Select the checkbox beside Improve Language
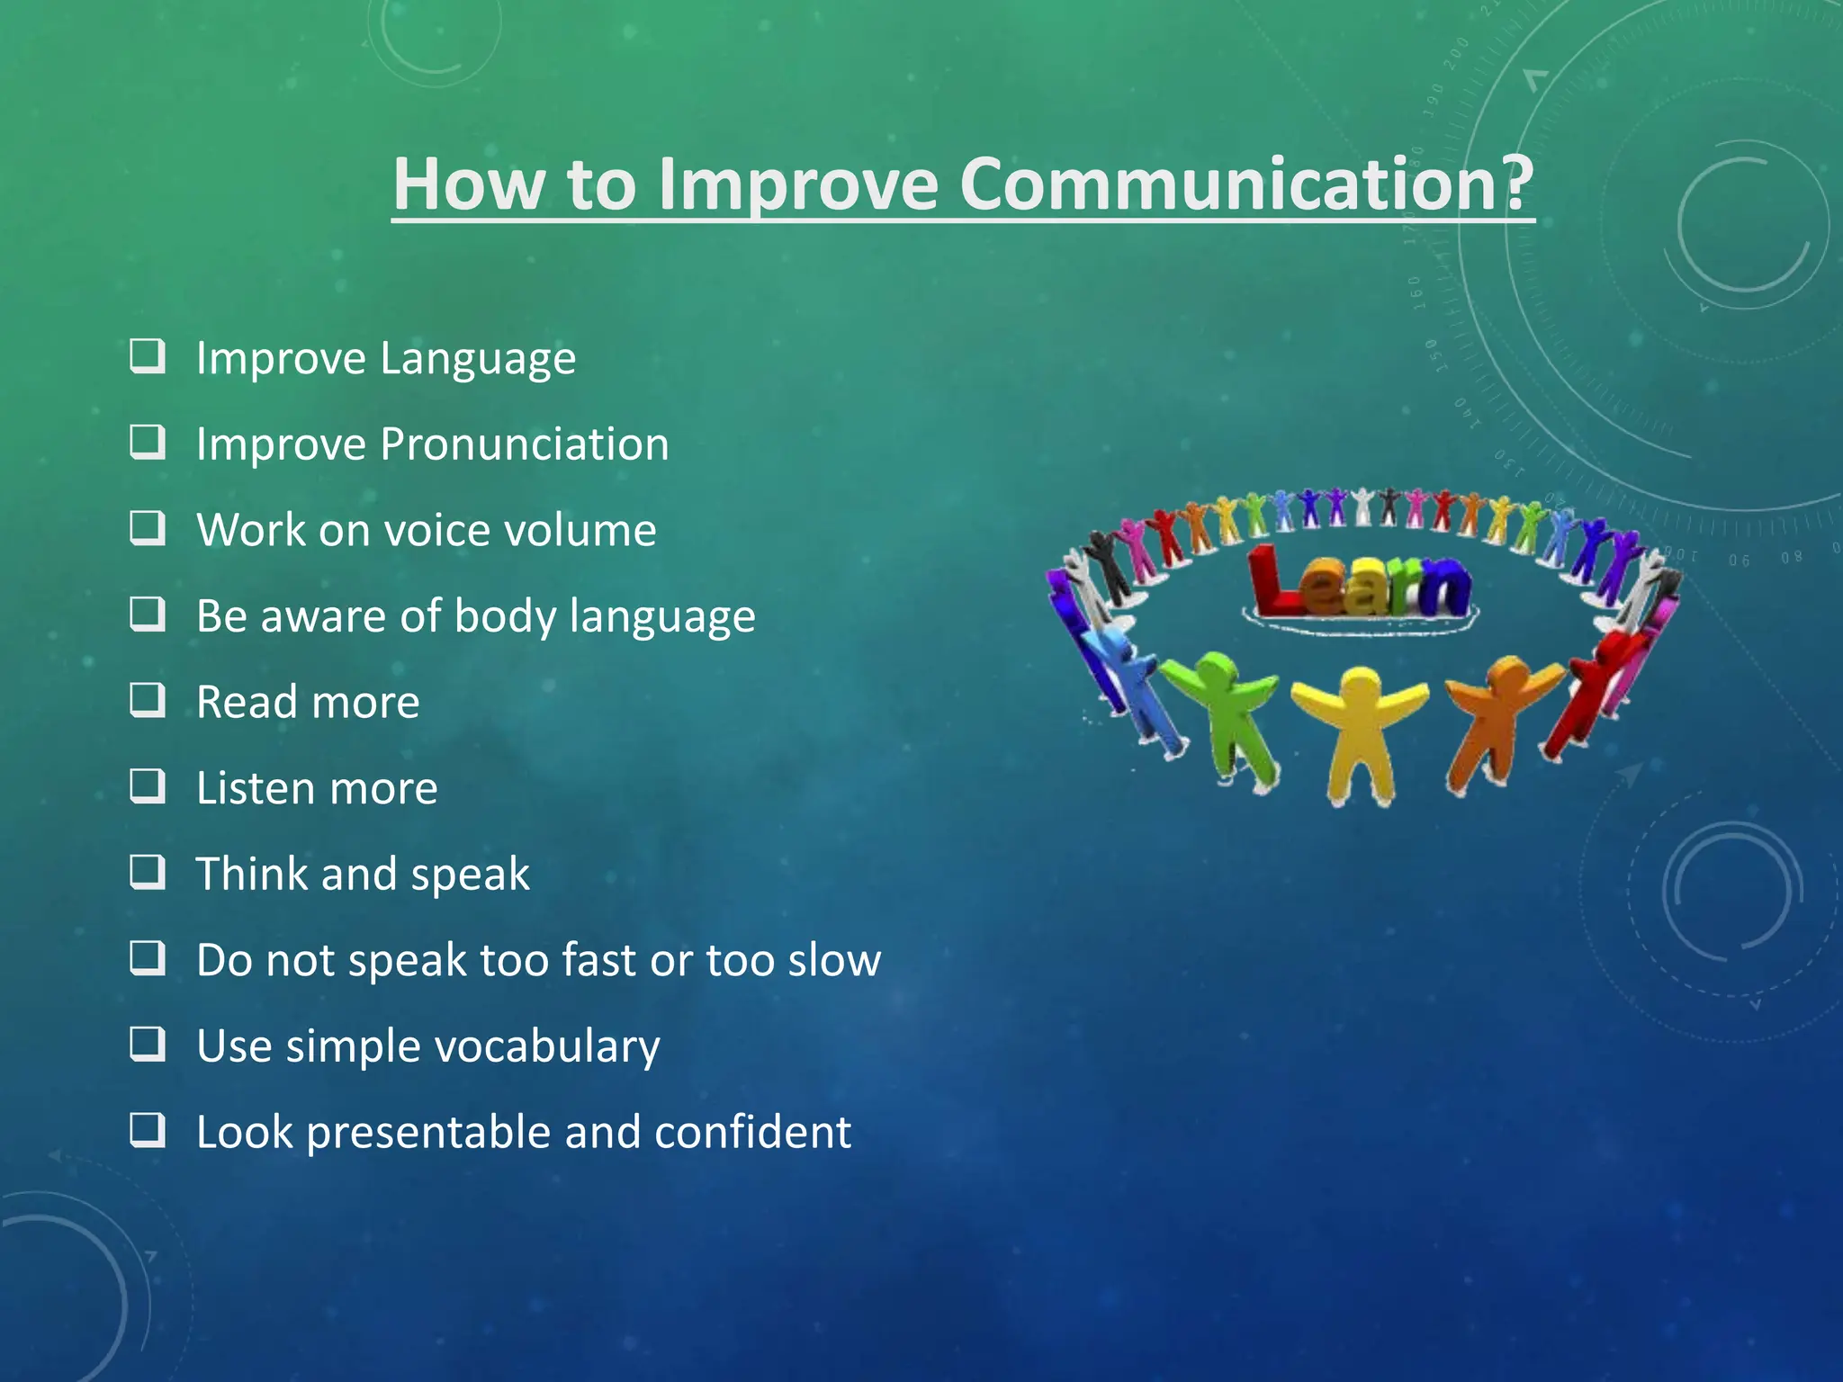pos(148,356)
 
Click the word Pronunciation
pos(524,444)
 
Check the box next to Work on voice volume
pos(148,528)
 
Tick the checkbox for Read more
pos(148,700)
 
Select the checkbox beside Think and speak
pos(148,872)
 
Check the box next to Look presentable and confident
pos(148,1130)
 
